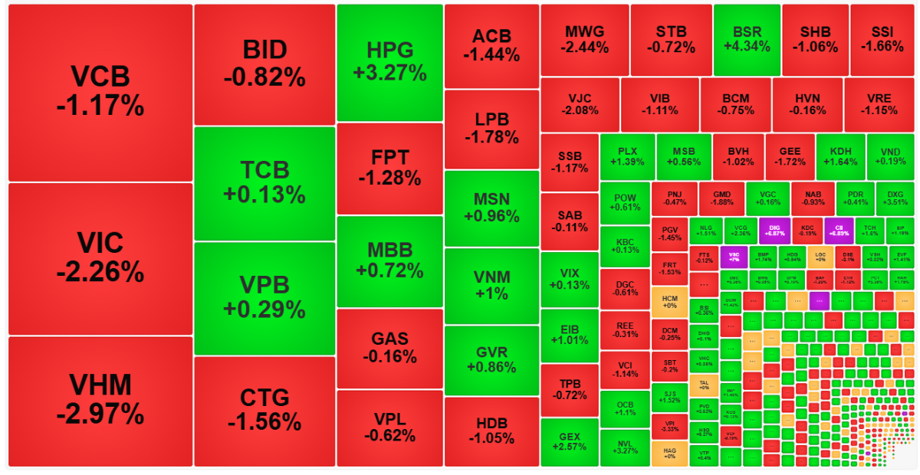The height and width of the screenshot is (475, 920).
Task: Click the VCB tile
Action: click(x=100, y=92)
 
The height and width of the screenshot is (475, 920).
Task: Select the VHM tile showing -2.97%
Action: click(x=100, y=400)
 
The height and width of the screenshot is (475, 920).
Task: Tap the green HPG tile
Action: click(x=389, y=63)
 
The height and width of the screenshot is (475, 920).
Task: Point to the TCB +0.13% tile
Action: click(x=264, y=183)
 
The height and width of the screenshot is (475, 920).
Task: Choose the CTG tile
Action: click(x=264, y=411)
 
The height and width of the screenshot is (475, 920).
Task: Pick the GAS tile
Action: click(x=389, y=348)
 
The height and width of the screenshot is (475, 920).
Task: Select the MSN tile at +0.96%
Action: click(x=491, y=208)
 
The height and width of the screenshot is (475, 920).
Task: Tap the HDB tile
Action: click(x=491, y=431)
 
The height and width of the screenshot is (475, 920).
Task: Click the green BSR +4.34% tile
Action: click(x=747, y=40)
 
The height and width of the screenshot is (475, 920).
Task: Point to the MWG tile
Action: click(x=585, y=40)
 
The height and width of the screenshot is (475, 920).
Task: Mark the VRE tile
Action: click(x=879, y=104)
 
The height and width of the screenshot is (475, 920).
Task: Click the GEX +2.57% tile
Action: click(x=570, y=442)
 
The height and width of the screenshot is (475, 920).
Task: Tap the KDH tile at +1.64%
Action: click(x=840, y=156)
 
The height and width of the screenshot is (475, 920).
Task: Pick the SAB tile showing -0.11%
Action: click(x=570, y=221)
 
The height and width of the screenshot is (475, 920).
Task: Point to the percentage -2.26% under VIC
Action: click(x=100, y=272)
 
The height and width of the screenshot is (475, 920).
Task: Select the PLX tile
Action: click(x=627, y=156)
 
